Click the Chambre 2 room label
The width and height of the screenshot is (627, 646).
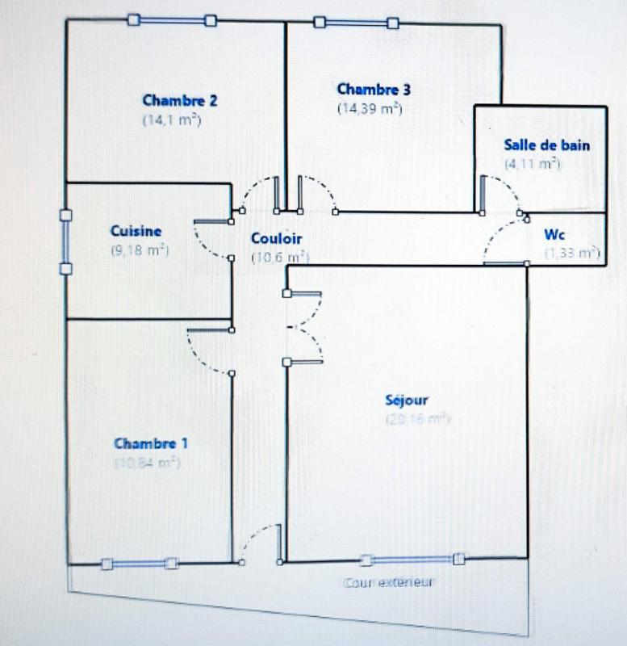(179, 101)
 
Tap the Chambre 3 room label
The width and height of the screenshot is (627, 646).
(374, 90)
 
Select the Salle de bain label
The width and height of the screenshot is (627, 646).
(546, 146)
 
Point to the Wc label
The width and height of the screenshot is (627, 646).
(554, 235)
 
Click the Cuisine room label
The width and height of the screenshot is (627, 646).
(136, 231)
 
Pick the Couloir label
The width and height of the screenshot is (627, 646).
(277, 239)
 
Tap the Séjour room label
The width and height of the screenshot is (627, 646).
(407, 400)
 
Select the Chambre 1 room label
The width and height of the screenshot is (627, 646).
(152, 444)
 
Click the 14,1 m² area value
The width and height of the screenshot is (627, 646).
(171, 120)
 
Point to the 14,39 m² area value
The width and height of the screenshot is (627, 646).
(370, 108)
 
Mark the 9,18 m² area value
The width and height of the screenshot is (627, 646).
(139, 250)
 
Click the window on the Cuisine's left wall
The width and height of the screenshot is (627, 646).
(65, 241)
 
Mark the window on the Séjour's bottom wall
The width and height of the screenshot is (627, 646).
(412, 560)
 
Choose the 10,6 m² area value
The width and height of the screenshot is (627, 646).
(278, 258)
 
